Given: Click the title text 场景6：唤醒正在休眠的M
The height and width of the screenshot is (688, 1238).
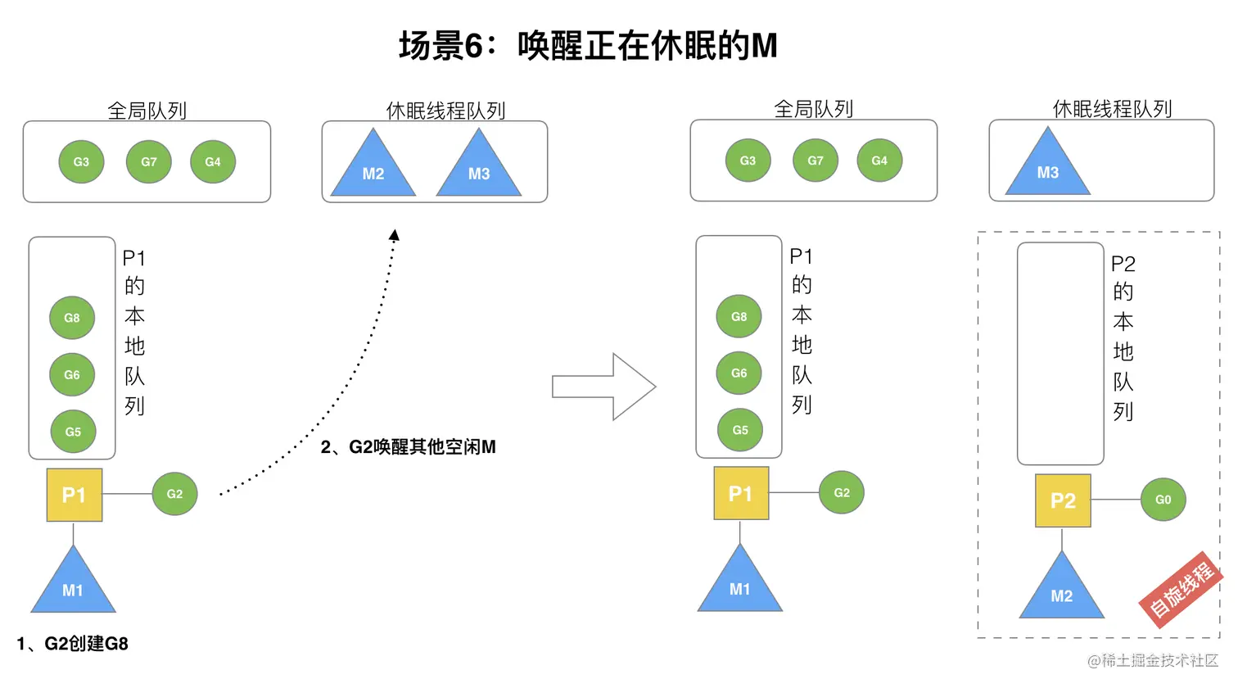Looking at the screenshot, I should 588,46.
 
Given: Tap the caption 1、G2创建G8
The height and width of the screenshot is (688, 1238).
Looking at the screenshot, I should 73,644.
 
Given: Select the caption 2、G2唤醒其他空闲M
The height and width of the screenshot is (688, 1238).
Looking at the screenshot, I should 408,447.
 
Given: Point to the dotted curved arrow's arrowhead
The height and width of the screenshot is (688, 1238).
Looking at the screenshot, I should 394,235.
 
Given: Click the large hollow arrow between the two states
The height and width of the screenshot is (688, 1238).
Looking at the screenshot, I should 604,387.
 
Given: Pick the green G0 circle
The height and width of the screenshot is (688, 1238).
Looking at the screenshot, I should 1163,500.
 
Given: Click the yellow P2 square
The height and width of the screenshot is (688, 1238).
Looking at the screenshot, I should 1063,500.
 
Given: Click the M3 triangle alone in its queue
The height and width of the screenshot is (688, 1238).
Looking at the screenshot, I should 1048,167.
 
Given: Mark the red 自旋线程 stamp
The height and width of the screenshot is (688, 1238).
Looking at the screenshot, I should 1181,589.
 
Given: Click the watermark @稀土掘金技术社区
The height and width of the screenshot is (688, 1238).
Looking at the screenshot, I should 1153,660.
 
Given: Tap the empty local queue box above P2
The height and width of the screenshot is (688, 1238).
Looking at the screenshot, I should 1060,354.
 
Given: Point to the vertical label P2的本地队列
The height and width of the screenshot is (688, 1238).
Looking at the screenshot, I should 1123,337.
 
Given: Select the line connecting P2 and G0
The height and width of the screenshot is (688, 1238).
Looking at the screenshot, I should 1115,500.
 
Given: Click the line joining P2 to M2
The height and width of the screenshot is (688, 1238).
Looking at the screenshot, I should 1062,539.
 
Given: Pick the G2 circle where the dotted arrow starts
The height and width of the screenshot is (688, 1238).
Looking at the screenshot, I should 174,494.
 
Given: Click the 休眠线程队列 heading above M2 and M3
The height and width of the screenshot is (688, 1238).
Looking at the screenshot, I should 445,111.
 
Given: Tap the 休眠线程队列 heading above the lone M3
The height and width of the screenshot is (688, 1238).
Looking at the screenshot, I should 1112,109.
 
